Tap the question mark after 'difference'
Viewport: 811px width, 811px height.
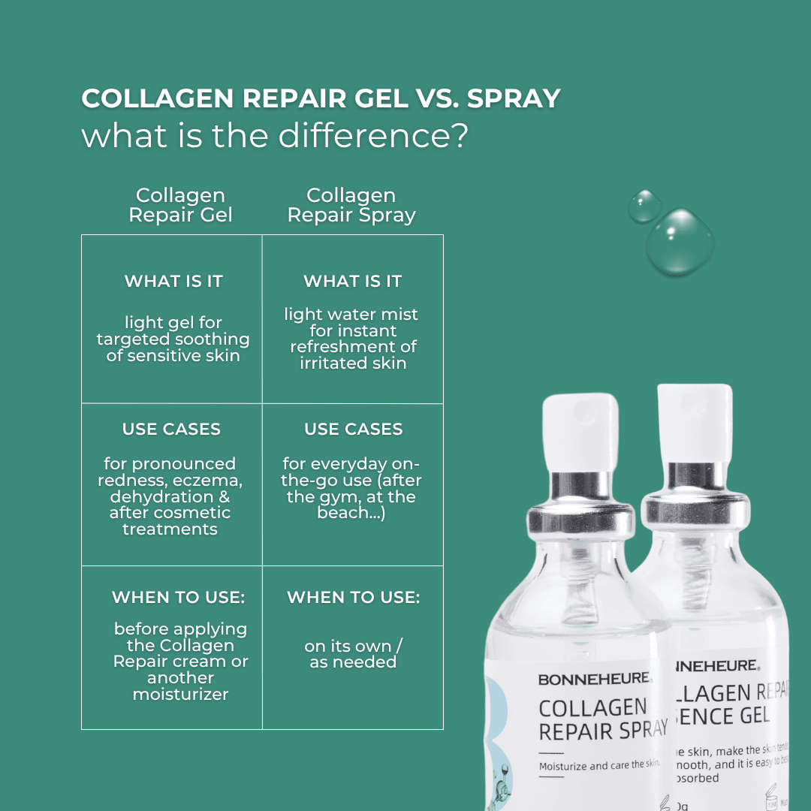459,136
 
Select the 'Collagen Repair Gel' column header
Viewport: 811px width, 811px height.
180,206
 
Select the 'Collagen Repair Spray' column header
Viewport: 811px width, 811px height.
351,206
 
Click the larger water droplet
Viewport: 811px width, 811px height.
681,243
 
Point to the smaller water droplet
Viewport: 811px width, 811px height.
644,206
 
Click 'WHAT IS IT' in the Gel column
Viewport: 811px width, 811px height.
173,282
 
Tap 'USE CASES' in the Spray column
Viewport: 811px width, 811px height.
353,430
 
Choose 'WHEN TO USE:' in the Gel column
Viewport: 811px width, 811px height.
178,598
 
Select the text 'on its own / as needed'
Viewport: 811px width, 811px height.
353,654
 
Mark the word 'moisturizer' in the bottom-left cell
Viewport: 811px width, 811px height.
180,695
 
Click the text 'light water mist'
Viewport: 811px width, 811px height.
351,315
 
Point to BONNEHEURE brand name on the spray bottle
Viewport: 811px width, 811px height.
593,679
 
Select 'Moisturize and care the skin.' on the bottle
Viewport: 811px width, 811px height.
599,765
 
